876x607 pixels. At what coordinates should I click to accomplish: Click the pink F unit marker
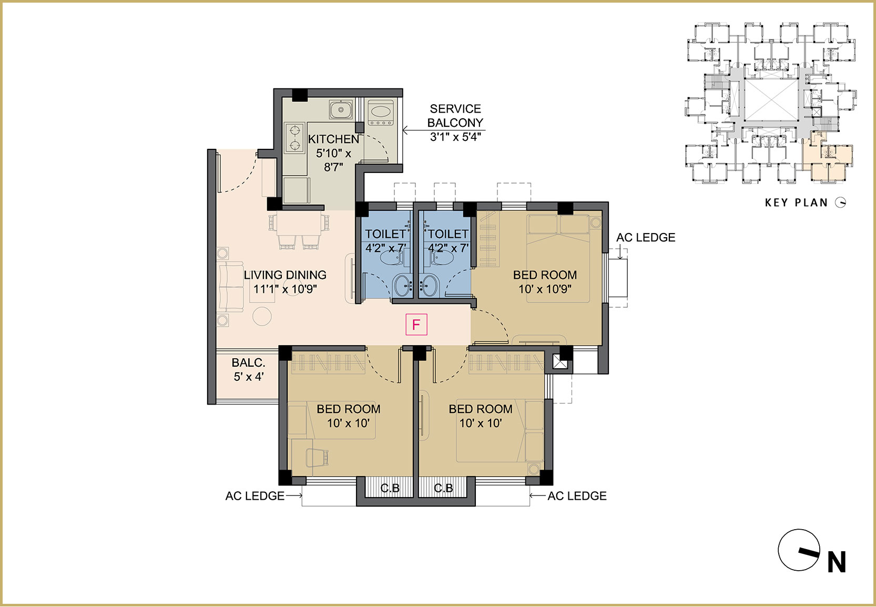point(416,324)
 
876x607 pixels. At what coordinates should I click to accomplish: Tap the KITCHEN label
point(333,139)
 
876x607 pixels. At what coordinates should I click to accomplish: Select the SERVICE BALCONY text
point(455,116)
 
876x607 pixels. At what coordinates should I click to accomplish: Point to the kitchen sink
point(341,109)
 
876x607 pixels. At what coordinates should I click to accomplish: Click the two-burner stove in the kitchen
point(294,137)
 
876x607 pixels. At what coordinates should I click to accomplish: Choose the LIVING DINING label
point(285,275)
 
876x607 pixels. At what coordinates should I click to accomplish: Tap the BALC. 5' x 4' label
point(248,370)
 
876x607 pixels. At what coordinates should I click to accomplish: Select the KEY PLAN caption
point(797,203)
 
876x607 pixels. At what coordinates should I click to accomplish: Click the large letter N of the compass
point(837,562)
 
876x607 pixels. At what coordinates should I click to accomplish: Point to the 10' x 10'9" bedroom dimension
point(545,289)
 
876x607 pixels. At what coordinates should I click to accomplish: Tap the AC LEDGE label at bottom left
point(254,496)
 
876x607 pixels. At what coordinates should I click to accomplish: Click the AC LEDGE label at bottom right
point(577,496)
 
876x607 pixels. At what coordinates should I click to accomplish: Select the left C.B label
point(390,488)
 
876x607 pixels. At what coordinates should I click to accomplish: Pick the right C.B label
point(443,488)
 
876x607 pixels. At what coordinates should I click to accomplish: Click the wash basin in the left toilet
point(402,286)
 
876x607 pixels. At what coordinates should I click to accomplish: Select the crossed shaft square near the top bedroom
point(559,362)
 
